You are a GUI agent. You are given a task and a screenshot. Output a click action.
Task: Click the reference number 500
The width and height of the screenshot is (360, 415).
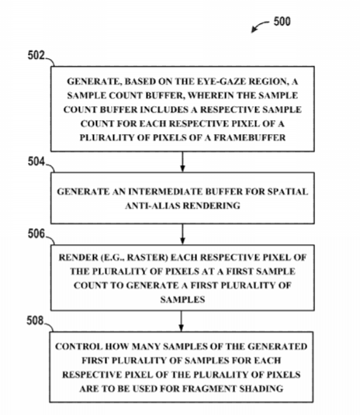tap(282, 22)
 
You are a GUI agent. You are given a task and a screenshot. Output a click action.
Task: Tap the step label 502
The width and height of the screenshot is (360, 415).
tap(36, 56)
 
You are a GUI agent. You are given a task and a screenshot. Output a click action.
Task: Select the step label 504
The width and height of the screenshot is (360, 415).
tap(36, 161)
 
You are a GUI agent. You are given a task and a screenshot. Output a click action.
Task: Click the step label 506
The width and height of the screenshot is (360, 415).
tap(36, 234)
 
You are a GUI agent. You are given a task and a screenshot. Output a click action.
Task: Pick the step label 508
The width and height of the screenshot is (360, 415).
tap(35, 321)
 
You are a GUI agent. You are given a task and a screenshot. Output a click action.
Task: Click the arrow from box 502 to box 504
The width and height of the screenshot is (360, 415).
tap(182, 161)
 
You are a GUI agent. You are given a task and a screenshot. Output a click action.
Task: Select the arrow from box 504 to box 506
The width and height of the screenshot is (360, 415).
tap(182, 234)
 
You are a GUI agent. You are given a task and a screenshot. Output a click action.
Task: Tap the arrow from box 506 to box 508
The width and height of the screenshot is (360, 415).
tap(181, 321)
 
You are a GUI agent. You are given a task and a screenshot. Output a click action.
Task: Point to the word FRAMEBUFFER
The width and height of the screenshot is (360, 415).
tap(250, 137)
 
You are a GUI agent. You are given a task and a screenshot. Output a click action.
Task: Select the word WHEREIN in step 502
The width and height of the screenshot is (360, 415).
tap(206, 95)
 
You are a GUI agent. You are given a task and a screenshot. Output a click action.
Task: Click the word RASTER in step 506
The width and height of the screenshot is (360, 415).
tap(147, 258)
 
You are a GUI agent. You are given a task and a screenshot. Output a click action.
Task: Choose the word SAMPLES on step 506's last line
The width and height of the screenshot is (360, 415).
tap(182, 299)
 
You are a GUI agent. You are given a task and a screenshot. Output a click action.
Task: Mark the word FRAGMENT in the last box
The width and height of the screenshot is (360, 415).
tap(209, 389)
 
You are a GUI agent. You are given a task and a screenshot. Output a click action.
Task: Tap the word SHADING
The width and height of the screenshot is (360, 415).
tap(261, 389)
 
